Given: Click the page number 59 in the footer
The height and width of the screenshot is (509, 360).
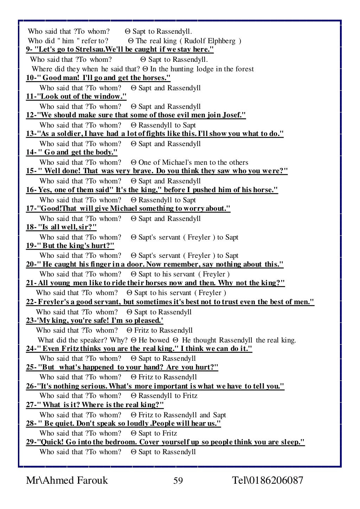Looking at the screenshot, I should [x=178, y=481].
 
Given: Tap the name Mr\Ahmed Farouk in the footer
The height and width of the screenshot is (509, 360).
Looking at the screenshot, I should [x=67, y=481].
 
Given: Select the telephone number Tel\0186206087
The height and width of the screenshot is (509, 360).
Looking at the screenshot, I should [x=268, y=481].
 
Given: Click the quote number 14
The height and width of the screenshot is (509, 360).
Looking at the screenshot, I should [x=30, y=152].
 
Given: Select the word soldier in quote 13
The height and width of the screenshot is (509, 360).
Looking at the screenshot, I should [x=64, y=134].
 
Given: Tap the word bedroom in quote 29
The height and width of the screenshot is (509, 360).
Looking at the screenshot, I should [x=123, y=442].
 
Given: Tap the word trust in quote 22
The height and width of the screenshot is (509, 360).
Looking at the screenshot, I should [x=226, y=302].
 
